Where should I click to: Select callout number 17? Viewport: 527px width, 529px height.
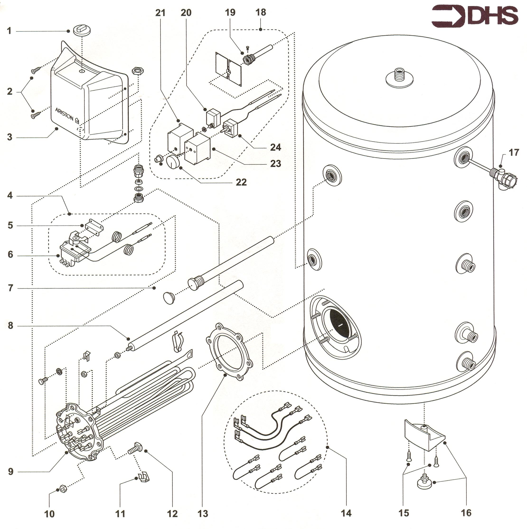click(513, 152)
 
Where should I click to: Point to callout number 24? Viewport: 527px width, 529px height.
click(275, 147)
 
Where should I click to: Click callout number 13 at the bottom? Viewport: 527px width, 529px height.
click(202, 514)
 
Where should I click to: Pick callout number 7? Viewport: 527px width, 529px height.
click(10, 288)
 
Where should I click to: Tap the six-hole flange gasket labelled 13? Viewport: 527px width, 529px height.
click(229, 352)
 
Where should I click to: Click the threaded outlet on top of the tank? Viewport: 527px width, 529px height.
click(399, 75)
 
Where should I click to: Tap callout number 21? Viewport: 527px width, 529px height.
click(160, 13)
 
